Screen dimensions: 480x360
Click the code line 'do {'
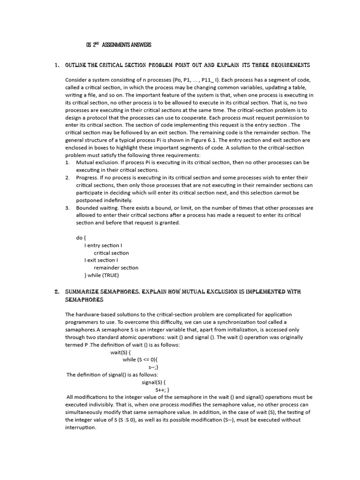point(82,238)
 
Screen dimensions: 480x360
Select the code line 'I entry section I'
point(104,245)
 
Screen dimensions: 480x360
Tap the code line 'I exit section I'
point(101,260)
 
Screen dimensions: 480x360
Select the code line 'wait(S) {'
point(120,352)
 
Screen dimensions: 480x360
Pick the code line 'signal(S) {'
point(154,382)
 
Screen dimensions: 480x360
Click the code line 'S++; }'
point(162,390)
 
